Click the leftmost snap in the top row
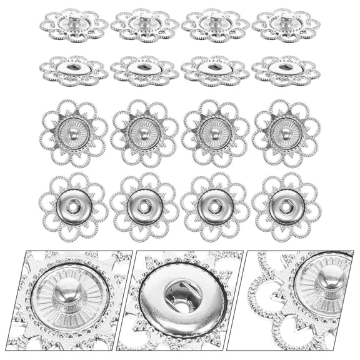click(x=74, y=26)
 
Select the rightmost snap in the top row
click(x=286, y=26)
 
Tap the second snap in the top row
click(x=144, y=26)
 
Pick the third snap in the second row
click(x=215, y=70)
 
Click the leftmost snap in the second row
click(x=74, y=70)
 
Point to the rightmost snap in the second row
click(x=286, y=70)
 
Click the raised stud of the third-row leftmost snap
click(x=74, y=133)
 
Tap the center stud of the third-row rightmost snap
click(x=286, y=133)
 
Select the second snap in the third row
click(x=144, y=133)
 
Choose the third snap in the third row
click(x=215, y=133)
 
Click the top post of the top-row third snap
click(x=215, y=20)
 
